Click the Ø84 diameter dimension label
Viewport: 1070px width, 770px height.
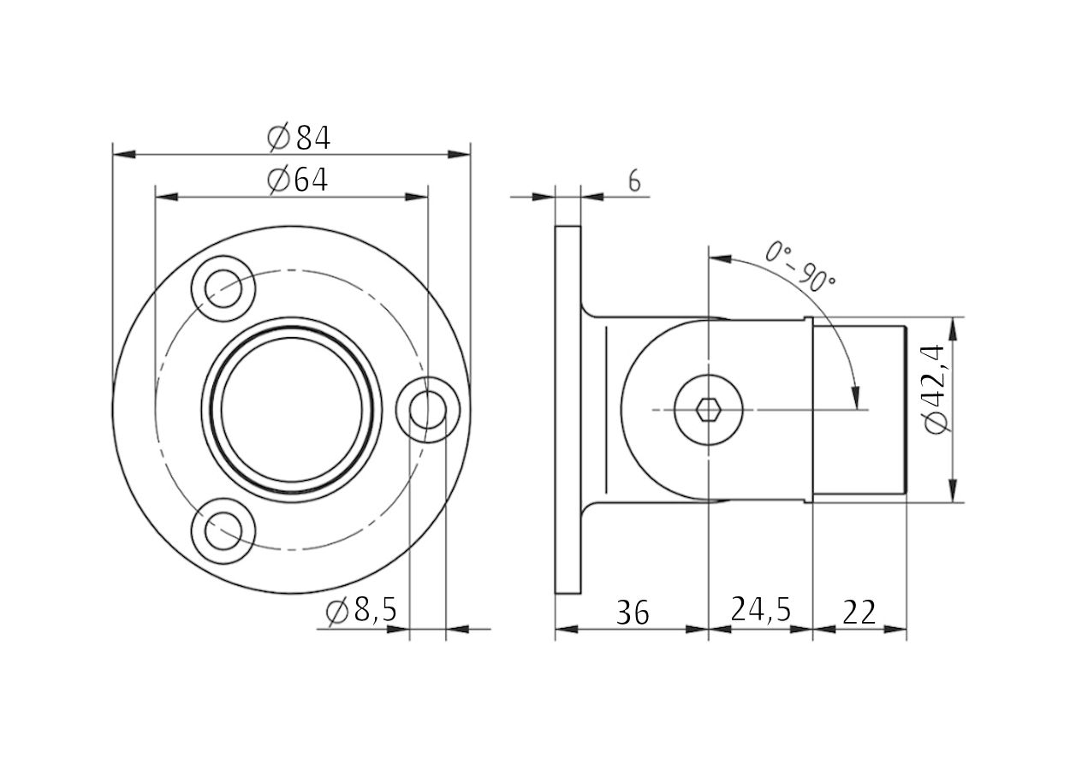tap(299, 138)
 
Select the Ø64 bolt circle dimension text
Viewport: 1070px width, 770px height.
tap(298, 181)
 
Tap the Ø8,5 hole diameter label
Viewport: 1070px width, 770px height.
tap(361, 611)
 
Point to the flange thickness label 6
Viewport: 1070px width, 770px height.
tap(634, 181)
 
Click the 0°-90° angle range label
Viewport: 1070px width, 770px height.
tap(800, 266)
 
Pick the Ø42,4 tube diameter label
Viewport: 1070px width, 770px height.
tap(935, 388)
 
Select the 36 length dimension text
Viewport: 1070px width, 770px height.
tap(633, 613)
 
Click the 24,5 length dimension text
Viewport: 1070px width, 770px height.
tap(761, 610)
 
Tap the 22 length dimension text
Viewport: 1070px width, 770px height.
tap(859, 613)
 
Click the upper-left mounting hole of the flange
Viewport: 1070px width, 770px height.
tap(223, 289)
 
